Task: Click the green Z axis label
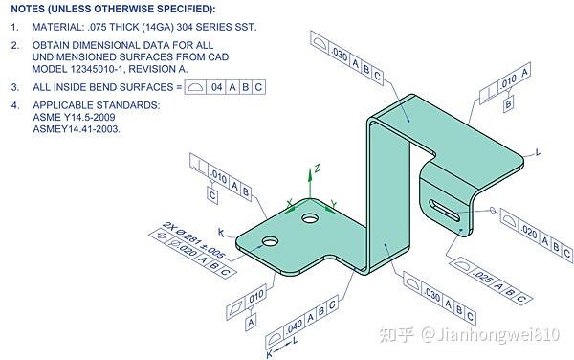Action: pos(317,168)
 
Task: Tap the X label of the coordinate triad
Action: pos(290,202)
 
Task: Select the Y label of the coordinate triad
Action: pos(332,203)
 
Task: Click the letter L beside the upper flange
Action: pos(539,152)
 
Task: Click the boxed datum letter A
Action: pos(251,324)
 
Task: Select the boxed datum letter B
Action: pos(508,102)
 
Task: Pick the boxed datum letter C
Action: pos(211,194)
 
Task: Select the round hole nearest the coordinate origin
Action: pos(309,219)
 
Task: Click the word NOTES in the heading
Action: pos(31,9)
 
